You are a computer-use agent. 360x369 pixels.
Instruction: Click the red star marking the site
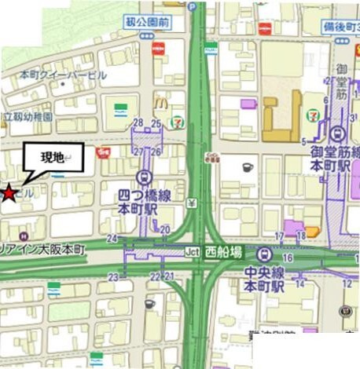8,192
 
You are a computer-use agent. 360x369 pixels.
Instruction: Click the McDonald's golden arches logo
160,101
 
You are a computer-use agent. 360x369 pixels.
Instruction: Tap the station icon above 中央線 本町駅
266,254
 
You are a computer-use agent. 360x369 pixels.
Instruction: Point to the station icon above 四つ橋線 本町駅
144,178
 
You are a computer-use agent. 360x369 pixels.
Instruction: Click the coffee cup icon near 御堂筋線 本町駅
246,167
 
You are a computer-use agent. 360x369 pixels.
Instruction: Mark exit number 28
138,122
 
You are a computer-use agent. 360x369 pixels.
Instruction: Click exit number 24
112,239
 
